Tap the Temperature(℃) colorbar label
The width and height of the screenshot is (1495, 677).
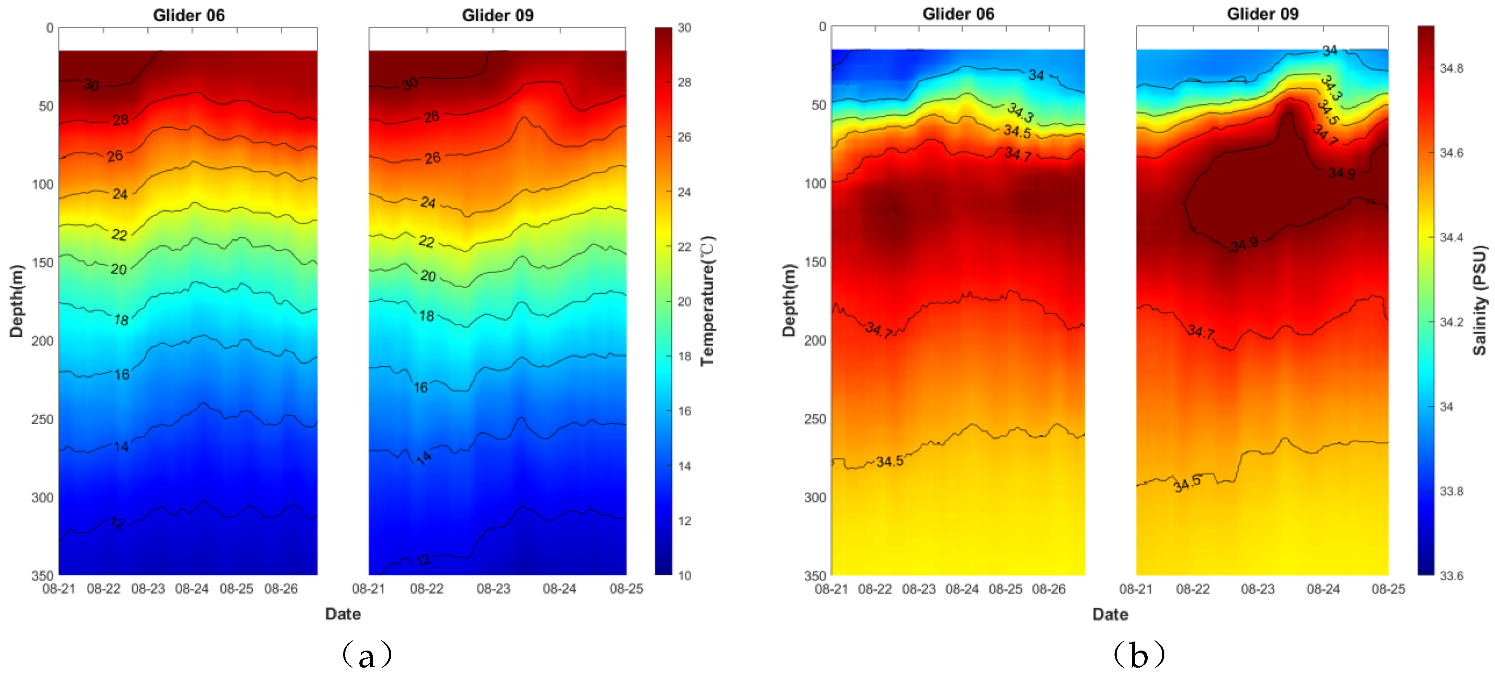coord(707,301)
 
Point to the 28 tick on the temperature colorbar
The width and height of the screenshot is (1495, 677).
coord(684,83)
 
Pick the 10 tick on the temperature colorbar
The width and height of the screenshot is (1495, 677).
coord(684,575)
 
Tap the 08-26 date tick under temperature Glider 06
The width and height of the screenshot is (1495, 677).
coord(281,589)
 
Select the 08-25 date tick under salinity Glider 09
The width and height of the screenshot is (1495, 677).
coord(1388,589)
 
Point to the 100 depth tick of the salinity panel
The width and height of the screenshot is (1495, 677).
coord(815,184)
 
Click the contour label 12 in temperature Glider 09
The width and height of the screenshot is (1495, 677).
coord(423,560)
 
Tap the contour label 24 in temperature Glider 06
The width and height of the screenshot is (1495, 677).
coord(120,194)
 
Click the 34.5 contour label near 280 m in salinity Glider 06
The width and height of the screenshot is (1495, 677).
coord(889,462)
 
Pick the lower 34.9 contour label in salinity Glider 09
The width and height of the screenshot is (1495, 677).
coord(1244,244)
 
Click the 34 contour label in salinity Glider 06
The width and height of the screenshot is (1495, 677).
coord(1036,75)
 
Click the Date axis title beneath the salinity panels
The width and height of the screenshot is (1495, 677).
coord(1109,614)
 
